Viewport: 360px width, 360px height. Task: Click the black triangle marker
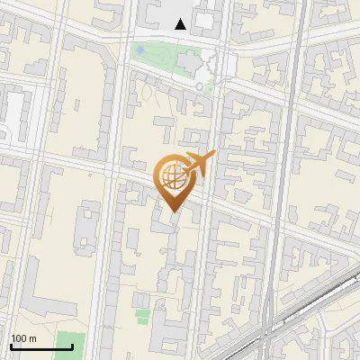pyautogui.click(x=181, y=24)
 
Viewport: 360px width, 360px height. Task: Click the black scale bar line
pyautogui.click(x=41, y=346)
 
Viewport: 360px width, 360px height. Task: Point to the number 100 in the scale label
pyautogui.click(x=18, y=338)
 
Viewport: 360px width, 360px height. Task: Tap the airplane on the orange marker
pyautogui.click(x=198, y=164)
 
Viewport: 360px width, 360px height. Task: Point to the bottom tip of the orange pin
pyautogui.click(x=172, y=211)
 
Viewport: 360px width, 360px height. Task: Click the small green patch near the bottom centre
pyautogui.click(x=143, y=315)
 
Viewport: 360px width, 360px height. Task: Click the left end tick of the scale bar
pyautogui.click(x=11, y=345)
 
